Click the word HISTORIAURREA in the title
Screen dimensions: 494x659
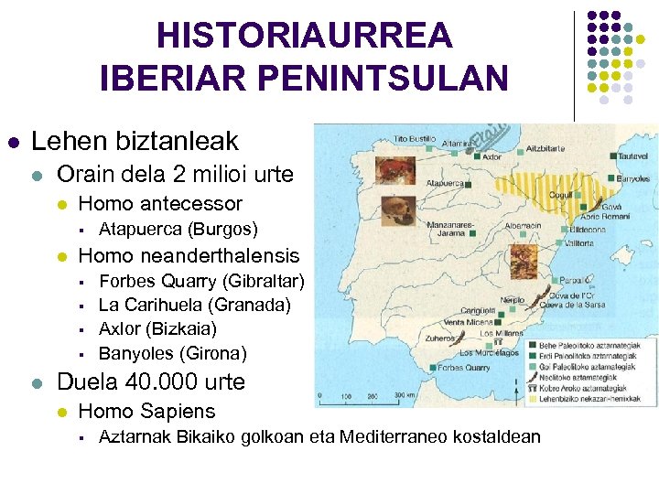(x=305, y=37)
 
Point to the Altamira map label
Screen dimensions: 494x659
(x=459, y=144)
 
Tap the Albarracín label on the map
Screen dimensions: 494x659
(x=523, y=225)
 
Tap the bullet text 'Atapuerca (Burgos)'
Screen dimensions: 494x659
(x=178, y=228)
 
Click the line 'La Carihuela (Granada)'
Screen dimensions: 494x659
(x=194, y=304)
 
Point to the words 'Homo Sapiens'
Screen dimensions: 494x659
(x=147, y=411)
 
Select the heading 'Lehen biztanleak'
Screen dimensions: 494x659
(x=135, y=141)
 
